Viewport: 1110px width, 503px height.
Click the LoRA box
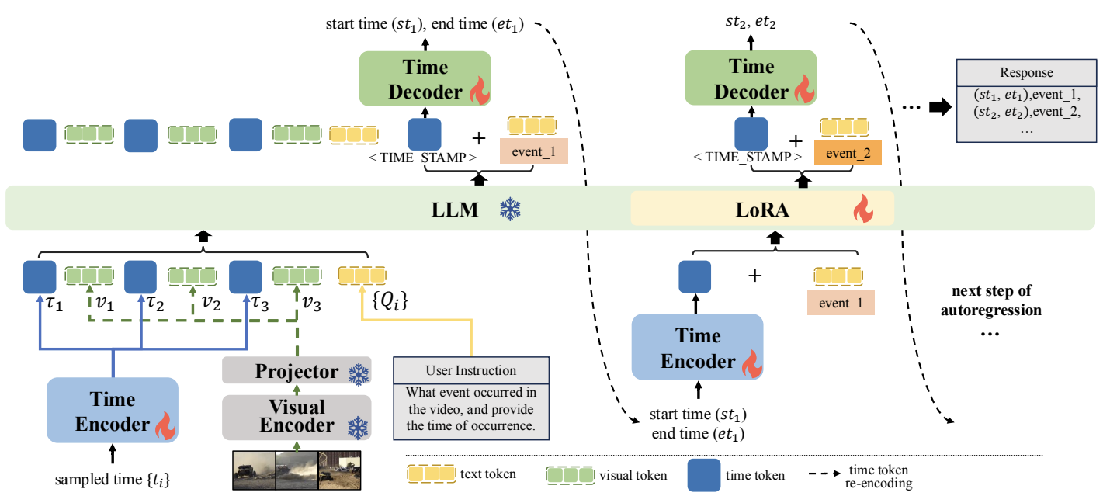point(762,208)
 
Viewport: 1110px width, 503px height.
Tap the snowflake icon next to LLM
point(510,208)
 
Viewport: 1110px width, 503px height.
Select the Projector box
point(297,371)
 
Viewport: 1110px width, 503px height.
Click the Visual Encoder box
point(297,416)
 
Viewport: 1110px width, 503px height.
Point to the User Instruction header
point(471,369)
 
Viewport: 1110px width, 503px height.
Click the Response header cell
point(1026,72)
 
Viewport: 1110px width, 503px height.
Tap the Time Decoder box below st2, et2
point(750,78)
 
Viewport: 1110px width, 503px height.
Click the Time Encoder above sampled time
point(113,411)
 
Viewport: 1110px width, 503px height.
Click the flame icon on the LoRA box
point(862,208)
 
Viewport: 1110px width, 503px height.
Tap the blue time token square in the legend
point(702,474)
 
